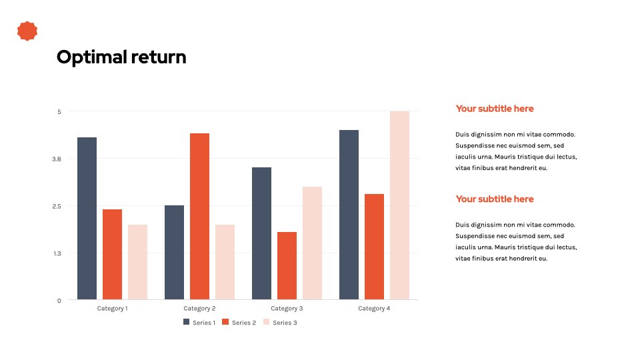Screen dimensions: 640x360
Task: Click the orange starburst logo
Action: click(x=27, y=31)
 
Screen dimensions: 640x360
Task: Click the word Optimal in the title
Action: click(x=92, y=57)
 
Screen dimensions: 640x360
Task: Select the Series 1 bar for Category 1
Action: click(x=87, y=219)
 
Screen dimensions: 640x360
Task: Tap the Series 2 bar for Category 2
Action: click(x=199, y=216)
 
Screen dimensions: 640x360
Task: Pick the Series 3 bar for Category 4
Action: click(x=399, y=205)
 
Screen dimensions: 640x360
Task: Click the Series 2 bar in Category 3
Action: click(x=287, y=266)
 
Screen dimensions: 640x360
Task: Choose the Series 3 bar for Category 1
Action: click(x=137, y=262)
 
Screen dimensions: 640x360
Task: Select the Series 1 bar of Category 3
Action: click(x=261, y=233)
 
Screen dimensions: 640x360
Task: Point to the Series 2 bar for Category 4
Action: click(x=374, y=247)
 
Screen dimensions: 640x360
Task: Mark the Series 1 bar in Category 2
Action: click(x=174, y=252)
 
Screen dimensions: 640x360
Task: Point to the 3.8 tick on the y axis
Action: click(x=56, y=159)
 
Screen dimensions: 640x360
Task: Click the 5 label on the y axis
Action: click(x=59, y=112)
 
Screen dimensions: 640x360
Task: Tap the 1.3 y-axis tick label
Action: click(x=57, y=253)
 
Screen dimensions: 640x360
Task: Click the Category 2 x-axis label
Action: click(x=199, y=309)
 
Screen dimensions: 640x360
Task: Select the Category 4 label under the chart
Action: click(x=374, y=309)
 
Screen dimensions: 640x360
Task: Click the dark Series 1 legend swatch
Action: click(x=187, y=322)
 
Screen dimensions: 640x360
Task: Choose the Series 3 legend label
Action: click(x=285, y=323)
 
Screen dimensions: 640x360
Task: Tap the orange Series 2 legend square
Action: click(x=225, y=322)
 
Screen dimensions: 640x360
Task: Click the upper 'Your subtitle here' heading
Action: click(x=495, y=109)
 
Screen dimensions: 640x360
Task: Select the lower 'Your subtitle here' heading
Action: click(x=495, y=199)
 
